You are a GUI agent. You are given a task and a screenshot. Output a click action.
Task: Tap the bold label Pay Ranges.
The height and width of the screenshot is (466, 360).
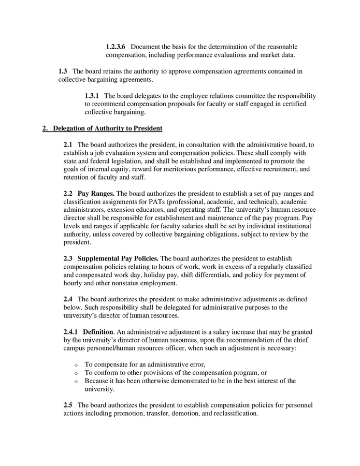[96, 193]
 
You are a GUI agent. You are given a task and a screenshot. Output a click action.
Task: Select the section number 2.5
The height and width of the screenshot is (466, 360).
[68, 405]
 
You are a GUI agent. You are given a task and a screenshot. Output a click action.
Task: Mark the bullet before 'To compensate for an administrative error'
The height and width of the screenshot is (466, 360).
[76, 365]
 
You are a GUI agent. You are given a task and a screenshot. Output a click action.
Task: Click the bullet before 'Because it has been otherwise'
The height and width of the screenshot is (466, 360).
[76, 381]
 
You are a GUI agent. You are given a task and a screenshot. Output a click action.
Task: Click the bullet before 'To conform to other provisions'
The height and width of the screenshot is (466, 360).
[76, 373]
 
